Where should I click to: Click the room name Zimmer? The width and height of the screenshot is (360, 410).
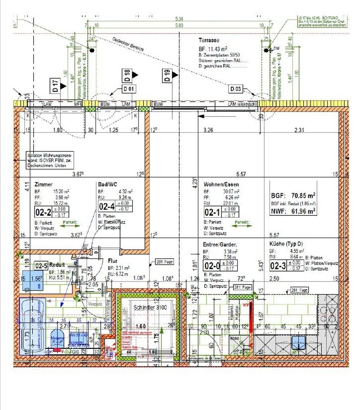coord(44,184)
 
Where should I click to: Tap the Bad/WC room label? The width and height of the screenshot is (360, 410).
coord(108,184)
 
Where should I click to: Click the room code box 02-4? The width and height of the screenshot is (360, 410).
coord(107,206)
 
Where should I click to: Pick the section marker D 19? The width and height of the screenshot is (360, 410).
coord(167,76)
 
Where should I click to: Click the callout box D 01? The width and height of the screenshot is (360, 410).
coord(129,89)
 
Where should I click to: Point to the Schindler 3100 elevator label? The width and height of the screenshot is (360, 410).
coord(150,308)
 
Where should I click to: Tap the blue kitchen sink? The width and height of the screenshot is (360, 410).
coord(298,343)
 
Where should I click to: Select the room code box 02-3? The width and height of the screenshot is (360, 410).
coord(278,266)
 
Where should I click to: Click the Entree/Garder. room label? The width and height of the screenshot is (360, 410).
coord(220,245)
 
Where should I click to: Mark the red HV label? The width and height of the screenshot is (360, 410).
coord(246,306)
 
